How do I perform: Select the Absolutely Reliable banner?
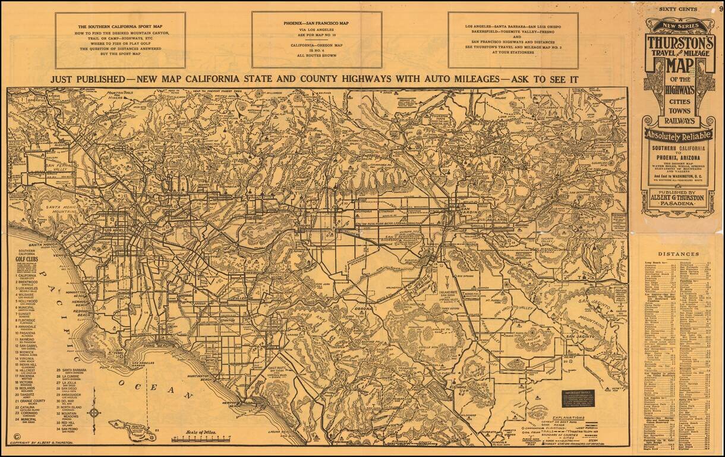tap(677, 134)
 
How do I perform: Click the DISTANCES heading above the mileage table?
tap(677, 254)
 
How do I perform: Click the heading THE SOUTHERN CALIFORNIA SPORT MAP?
tap(120, 27)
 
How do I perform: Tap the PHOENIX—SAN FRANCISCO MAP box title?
tap(316, 23)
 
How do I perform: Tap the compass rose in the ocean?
tap(94, 411)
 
